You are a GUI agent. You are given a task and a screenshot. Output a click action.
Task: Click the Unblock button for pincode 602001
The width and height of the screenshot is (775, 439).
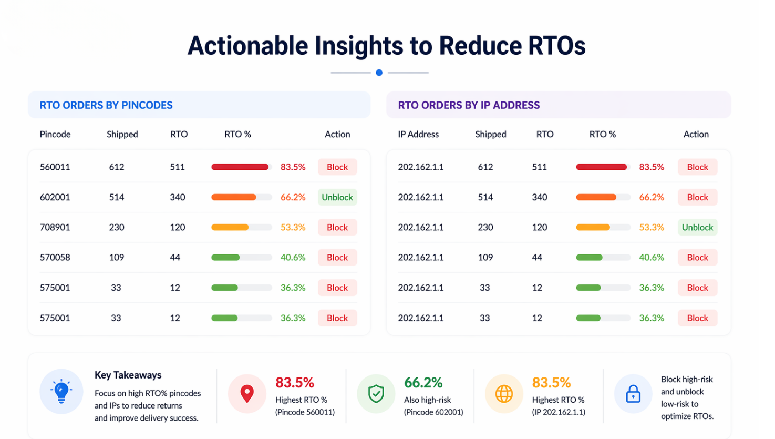337,197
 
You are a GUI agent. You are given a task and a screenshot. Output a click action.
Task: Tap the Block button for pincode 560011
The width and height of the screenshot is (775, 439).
337,167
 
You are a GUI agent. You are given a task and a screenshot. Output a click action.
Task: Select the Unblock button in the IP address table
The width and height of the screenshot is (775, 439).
697,227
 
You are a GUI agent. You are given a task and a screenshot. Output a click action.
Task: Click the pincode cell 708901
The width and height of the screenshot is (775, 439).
55,227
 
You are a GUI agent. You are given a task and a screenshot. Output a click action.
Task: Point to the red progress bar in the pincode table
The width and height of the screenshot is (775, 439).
240,167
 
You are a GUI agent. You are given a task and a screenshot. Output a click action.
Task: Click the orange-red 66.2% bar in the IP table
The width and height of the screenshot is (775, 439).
596,197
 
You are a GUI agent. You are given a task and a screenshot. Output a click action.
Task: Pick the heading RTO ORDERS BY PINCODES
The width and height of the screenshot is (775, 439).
106,105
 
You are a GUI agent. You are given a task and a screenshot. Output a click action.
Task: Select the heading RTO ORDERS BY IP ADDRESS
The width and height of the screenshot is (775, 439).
469,105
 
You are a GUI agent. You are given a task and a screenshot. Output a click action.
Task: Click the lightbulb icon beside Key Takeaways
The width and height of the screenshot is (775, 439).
61,391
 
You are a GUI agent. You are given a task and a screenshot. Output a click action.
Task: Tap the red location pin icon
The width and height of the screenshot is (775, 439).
247,393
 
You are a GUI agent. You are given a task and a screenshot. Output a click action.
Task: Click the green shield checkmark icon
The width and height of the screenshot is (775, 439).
376,393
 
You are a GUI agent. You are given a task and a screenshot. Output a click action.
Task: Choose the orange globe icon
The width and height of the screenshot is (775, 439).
504,393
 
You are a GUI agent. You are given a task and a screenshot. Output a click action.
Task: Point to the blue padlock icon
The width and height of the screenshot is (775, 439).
633,394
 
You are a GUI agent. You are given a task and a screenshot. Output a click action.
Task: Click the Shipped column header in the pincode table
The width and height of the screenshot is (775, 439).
122,134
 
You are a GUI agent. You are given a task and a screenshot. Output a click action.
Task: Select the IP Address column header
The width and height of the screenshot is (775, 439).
418,134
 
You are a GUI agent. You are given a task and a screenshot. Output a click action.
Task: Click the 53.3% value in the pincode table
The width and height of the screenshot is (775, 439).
293,227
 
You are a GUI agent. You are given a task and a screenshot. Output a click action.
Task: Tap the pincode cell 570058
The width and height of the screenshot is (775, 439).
55,257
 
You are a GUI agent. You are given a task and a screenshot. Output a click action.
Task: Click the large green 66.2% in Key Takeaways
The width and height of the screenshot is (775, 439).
423,382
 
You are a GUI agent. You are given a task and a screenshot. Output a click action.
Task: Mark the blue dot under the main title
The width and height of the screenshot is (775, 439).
379,73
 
